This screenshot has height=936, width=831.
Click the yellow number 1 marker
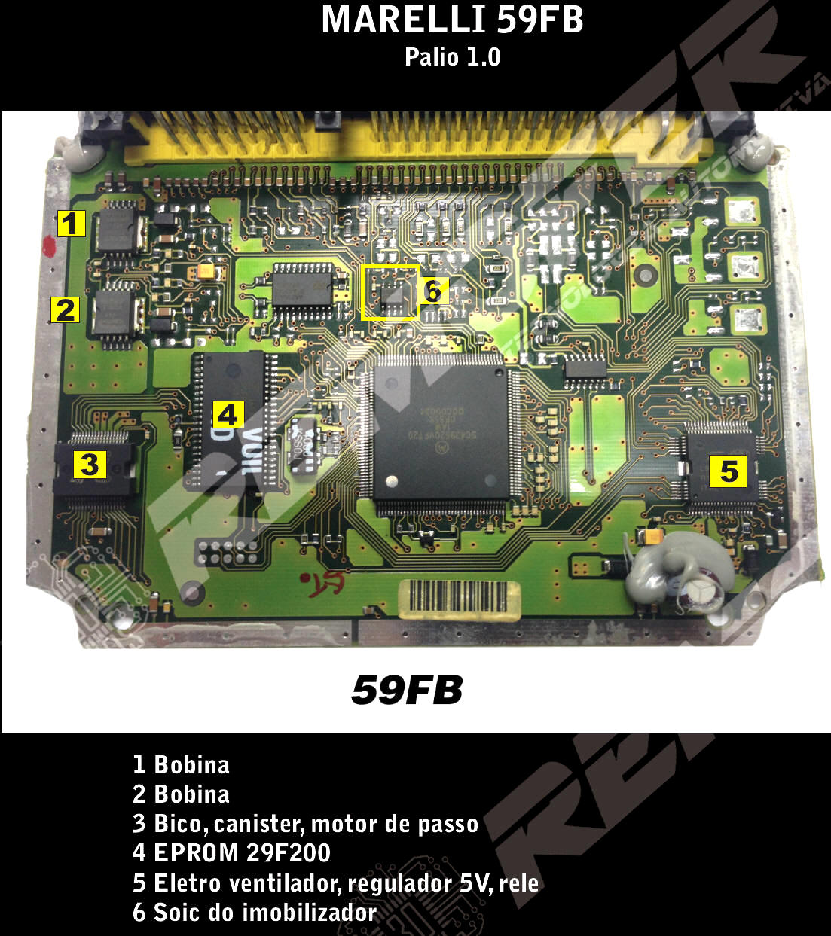tap(71, 224)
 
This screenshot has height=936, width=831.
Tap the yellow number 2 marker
tap(66, 309)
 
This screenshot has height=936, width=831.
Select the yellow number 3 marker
tap(89, 464)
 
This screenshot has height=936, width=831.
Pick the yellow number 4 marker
tap(228, 414)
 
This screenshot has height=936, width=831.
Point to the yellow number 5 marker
tap(728, 471)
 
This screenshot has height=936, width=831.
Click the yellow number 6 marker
tap(433, 290)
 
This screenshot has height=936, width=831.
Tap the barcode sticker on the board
tap(460, 600)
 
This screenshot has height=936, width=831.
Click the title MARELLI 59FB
tap(452, 20)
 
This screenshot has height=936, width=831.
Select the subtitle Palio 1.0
tap(452, 57)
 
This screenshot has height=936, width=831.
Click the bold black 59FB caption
tap(407, 690)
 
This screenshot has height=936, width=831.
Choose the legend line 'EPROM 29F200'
tap(242, 852)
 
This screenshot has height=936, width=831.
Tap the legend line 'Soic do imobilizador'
tap(255, 912)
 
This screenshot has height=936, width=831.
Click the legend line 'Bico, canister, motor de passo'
tap(305, 823)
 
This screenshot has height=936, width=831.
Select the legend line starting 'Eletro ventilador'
tap(335, 883)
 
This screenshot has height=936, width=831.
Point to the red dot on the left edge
tap(50, 245)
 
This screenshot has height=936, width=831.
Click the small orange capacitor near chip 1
tap(203, 270)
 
